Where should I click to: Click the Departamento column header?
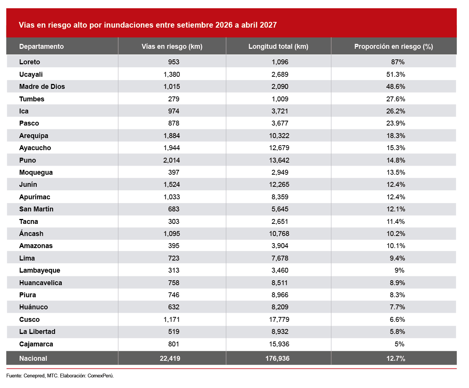click(41, 47)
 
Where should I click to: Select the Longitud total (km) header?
click(278, 47)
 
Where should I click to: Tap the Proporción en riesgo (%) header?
click(394, 47)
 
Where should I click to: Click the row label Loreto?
click(30, 62)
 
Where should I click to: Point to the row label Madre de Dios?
click(42, 86)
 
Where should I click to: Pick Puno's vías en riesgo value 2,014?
click(171, 160)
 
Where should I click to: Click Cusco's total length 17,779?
click(279, 319)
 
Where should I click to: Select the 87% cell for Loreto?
click(397, 62)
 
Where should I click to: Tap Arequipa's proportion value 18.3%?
click(396, 135)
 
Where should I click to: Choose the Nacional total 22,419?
click(170, 359)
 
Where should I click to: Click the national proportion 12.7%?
click(396, 359)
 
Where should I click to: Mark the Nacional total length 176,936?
click(277, 359)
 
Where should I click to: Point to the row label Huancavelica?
click(41, 282)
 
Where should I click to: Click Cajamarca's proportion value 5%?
click(399, 344)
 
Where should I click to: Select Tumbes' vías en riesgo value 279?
click(174, 99)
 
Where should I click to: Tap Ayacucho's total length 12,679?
click(279, 147)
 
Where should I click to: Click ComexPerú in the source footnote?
click(101, 376)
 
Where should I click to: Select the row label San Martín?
click(36, 209)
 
